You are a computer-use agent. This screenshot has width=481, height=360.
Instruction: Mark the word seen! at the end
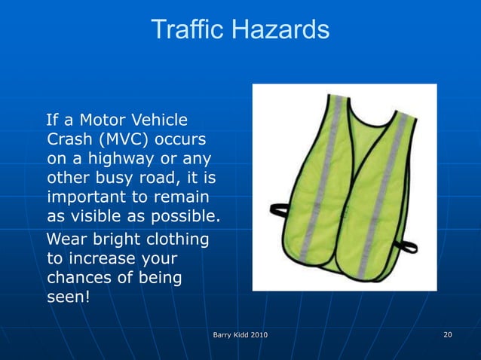[x=68, y=297]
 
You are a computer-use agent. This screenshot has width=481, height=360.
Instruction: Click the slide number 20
[x=447, y=334]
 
